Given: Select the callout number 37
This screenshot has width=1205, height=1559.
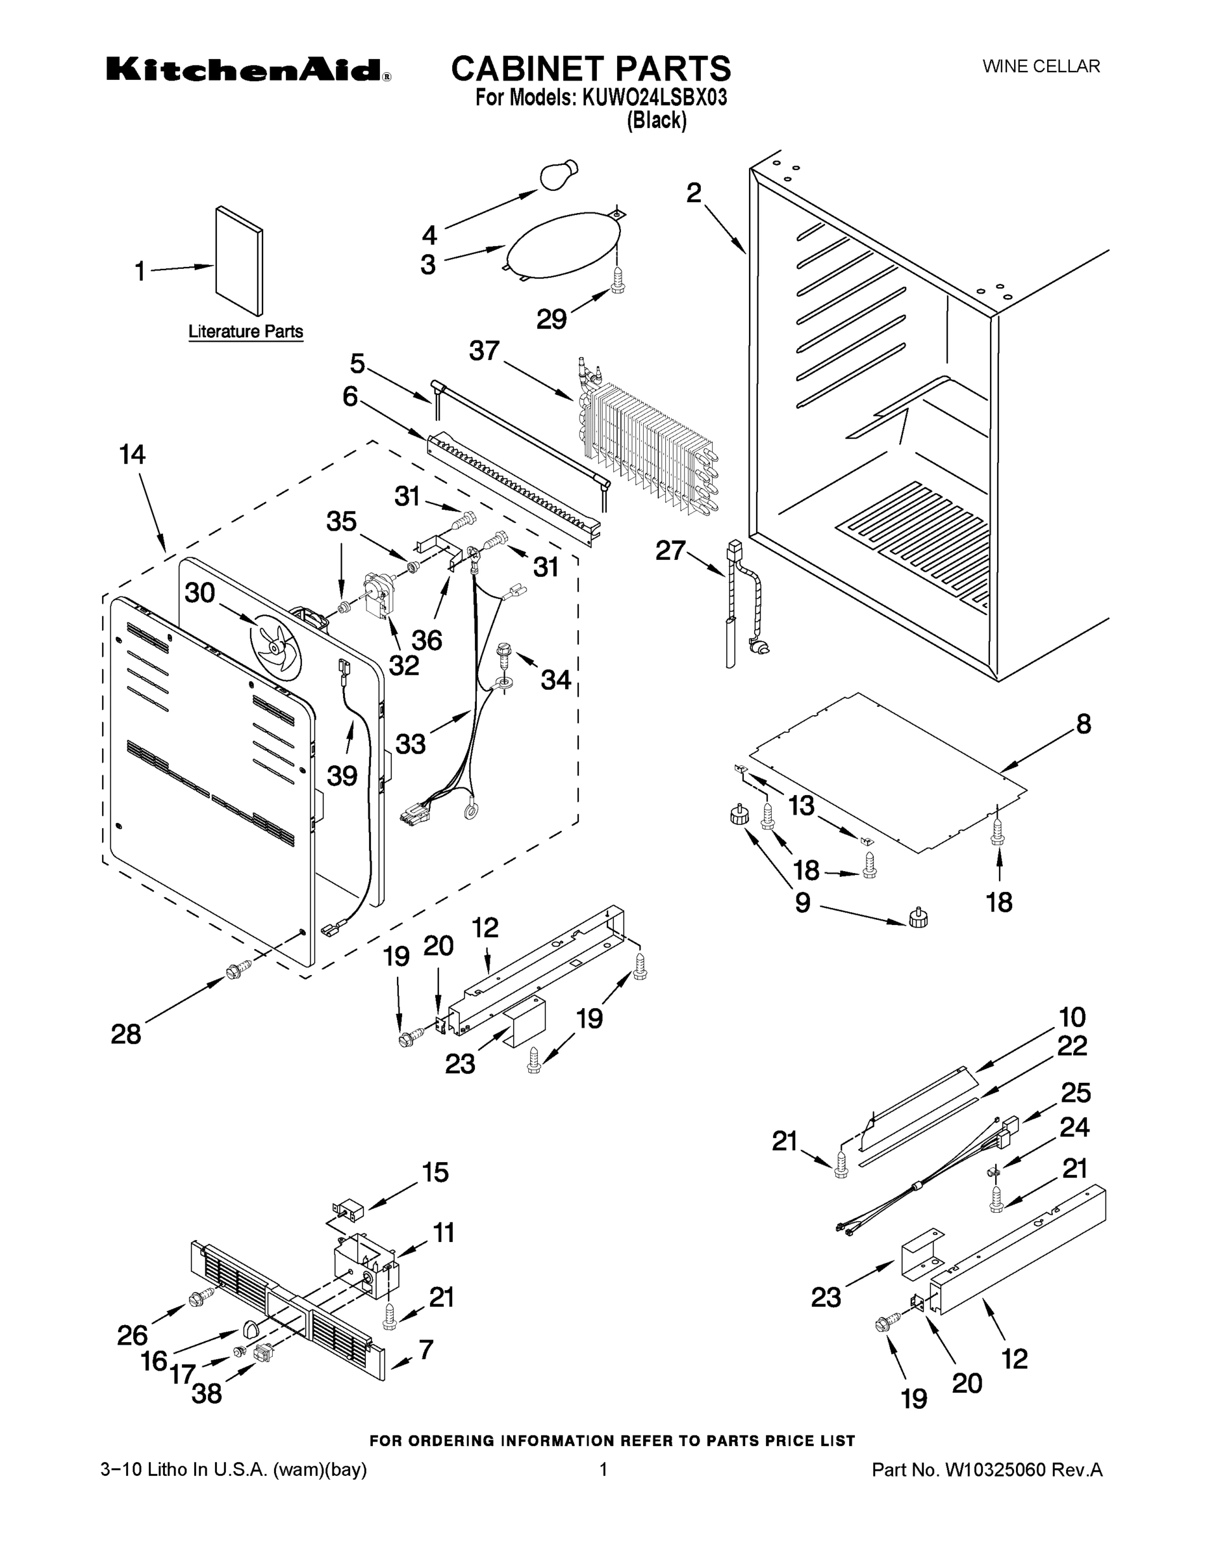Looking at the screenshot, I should coord(484,351).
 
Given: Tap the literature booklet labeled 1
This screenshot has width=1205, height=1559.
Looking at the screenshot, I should coord(239,261).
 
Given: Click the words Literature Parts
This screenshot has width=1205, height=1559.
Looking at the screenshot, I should coord(246,332).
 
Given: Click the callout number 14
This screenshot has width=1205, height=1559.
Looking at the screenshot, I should coord(132,454).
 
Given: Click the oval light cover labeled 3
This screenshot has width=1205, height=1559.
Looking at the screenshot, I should coord(562,244).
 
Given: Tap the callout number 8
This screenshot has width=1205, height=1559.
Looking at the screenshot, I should coord(1083,724).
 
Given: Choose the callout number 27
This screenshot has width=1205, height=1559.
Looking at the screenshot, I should coord(670,550).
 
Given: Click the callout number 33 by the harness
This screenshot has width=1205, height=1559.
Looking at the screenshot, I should coord(411,744).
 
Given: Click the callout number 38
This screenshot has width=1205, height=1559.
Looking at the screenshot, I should coord(207,1393).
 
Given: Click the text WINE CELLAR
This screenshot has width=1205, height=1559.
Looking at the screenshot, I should coord(1041,66).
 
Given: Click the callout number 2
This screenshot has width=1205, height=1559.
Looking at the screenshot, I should coord(694,193).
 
